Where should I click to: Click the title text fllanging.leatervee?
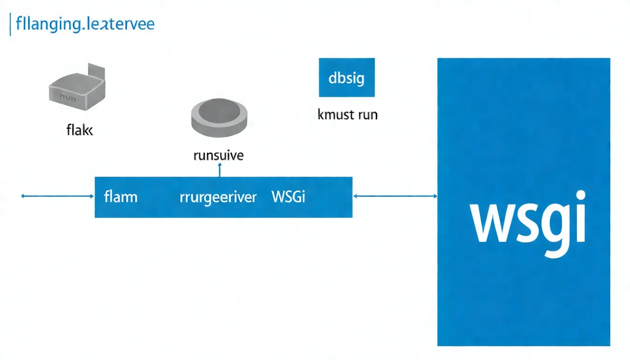click(85, 24)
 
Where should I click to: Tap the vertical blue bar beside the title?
click(10, 24)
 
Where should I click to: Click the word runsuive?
click(218, 155)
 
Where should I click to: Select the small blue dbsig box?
click(346, 77)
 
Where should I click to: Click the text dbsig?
click(346, 78)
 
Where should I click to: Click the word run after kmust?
click(367, 114)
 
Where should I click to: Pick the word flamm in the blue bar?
click(120, 197)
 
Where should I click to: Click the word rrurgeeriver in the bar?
click(218, 197)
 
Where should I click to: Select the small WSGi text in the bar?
click(288, 197)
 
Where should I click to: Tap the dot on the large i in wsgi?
click(580, 197)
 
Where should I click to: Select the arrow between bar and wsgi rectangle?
click(395, 197)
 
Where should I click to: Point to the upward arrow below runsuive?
click(219, 170)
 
